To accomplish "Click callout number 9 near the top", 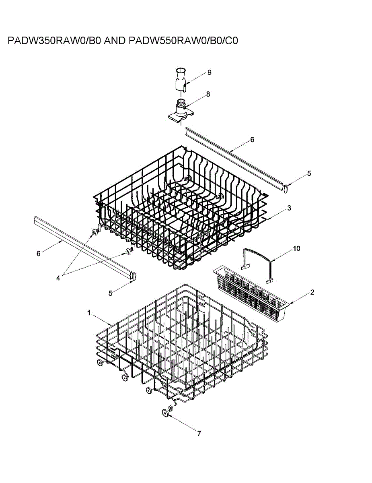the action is coord(210,72).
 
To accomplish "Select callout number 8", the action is coord(208,94).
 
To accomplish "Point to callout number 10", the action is coord(296,248).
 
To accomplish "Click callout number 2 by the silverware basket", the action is coord(312,292).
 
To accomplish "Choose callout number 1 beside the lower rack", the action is coord(89,313).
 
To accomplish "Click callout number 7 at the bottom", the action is coord(199,433).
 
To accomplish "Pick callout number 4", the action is coord(58,278).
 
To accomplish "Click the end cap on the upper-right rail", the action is coord(286,187).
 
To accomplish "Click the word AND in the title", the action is coord(115,41).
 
